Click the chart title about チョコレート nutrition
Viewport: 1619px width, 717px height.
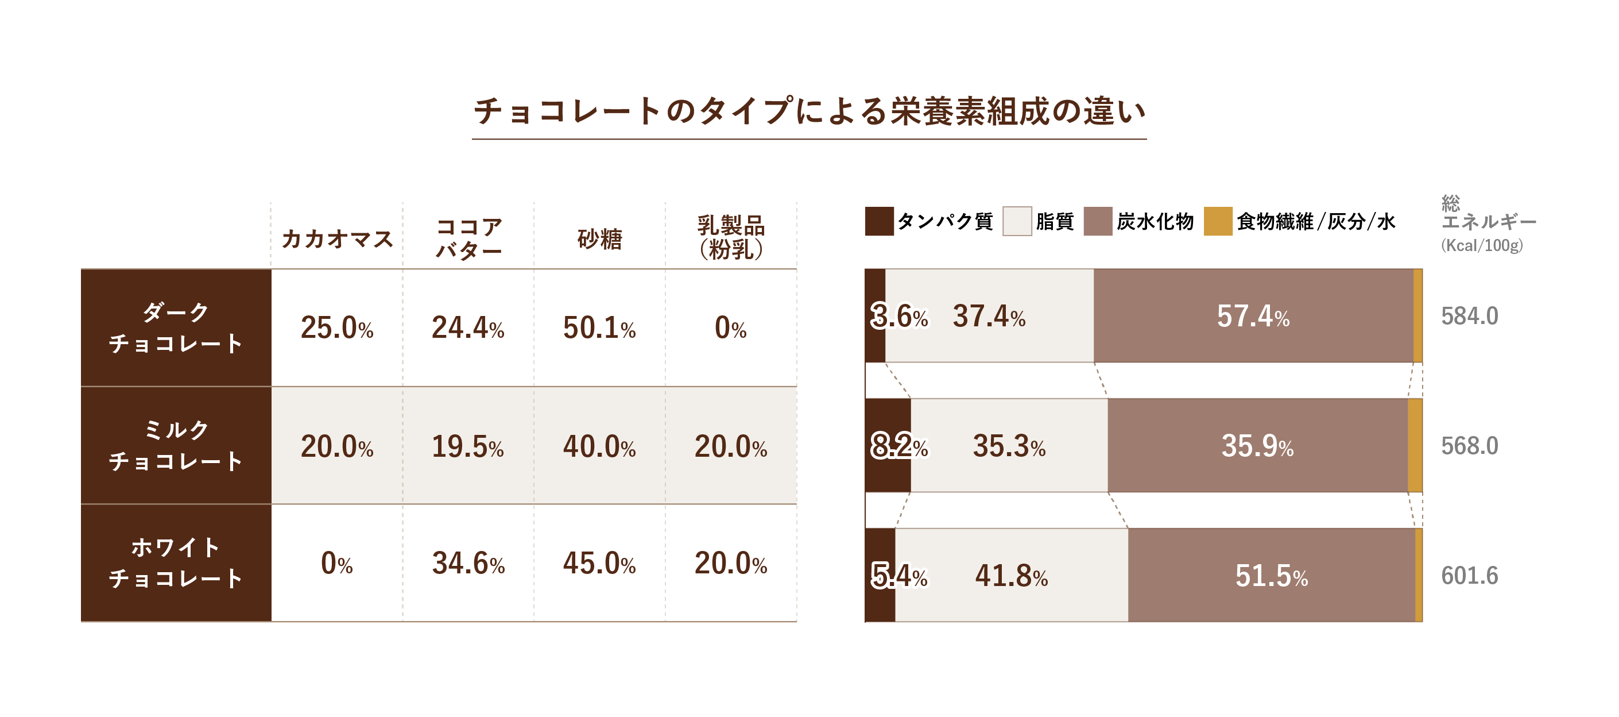click(x=809, y=111)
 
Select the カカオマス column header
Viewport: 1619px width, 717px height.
click(x=337, y=239)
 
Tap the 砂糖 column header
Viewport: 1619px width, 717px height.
click(x=599, y=239)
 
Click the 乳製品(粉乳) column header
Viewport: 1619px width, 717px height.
click(x=730, y=238)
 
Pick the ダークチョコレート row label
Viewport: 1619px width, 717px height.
click(x=176, y=327)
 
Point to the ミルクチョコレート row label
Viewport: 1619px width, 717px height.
click(x=176, y=445)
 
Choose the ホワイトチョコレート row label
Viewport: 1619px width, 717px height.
click(x=176, y=563)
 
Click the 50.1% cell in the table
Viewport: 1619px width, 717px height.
click(x=599, y=327)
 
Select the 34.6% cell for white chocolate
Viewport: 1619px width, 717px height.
click(x=468, y=563)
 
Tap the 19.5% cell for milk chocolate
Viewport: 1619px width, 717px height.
click(x=468, y=446)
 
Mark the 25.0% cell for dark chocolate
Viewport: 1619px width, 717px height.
click(x=337, y=327)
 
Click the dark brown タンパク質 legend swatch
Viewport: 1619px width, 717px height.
click(x=878, y=221)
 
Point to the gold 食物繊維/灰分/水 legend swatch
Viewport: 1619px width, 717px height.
click(x=1217, y=221)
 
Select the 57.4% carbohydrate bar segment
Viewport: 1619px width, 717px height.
click(x=1253, y=316)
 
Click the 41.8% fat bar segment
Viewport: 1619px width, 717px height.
click(x=1011, y=576)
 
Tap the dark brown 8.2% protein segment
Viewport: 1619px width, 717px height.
click(x=888, y=445)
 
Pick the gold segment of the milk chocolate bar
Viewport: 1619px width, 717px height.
click(x=1415, y=445)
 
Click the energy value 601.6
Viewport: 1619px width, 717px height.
click(x=1469, y=576)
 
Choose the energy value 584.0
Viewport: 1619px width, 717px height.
click(x=1469, y=316)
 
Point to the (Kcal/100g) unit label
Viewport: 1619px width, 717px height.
click(x=1482, y=245)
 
